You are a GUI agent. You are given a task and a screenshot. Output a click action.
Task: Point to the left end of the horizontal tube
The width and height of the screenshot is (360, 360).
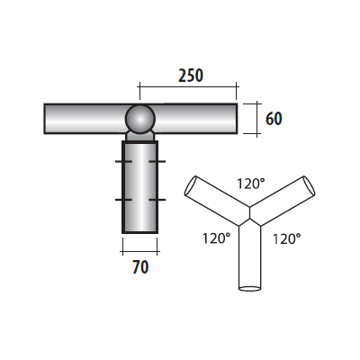47,119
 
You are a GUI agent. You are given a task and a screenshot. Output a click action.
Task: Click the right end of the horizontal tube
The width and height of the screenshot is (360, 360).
236,119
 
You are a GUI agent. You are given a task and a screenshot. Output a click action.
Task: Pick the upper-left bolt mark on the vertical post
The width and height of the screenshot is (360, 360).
120,161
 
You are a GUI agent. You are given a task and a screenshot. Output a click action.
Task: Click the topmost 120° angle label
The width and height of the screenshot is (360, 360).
251,184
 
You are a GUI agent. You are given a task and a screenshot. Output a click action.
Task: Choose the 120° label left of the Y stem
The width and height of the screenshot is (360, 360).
217,239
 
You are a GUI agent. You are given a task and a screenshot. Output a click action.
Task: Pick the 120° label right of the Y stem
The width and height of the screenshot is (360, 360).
285,239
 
